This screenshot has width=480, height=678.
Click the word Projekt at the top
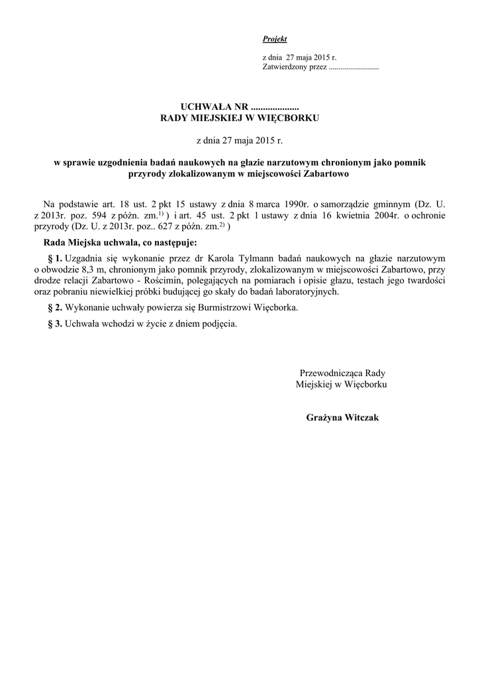275,40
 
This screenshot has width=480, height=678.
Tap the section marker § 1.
56,257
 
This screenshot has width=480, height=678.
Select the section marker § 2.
56,308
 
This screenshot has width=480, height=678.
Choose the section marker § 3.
56,324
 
